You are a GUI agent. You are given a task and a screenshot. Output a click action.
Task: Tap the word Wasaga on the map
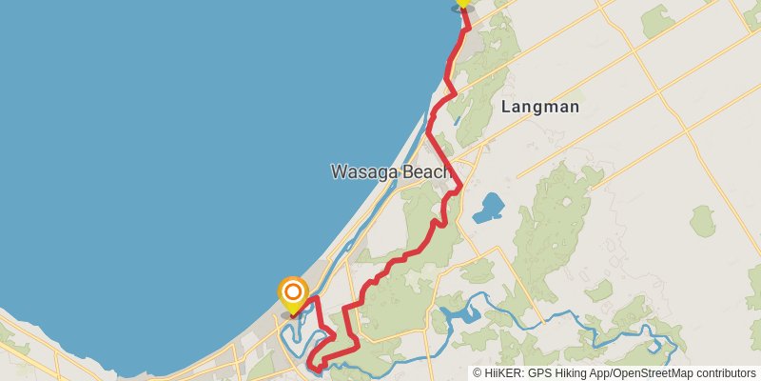coord(363,172)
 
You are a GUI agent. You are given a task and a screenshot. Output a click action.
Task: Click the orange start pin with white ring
coord(293,293)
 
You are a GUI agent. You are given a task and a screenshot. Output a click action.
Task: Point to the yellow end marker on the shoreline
coord(463,3)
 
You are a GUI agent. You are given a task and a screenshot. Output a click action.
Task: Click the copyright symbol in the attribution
coord(478,372)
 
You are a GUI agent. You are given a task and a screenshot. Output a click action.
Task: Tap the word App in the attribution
coord(601,372)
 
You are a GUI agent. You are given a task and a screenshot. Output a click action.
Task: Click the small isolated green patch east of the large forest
coord(703,221)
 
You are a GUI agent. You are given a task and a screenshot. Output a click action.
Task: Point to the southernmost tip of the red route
coord(317,365)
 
